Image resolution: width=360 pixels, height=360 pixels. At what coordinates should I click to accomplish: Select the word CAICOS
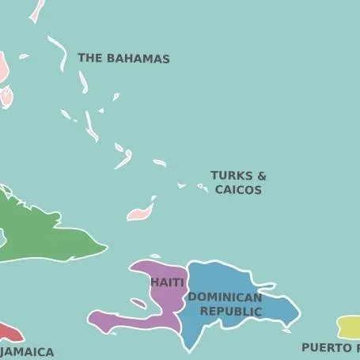(238, 190)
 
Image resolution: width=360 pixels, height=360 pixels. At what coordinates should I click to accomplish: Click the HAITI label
(167, 282)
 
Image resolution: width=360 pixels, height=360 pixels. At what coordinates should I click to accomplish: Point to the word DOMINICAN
(225, 297)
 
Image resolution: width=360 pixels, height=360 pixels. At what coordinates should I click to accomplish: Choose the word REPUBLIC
(230, 312)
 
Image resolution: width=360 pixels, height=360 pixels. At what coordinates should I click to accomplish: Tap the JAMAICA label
(28, 352)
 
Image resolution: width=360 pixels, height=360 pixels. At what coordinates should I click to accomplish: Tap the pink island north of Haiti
(140, 213)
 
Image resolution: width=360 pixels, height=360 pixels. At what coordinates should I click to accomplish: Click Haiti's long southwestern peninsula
(119, 321)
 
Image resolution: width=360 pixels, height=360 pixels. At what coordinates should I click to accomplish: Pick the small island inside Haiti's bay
(138, 303)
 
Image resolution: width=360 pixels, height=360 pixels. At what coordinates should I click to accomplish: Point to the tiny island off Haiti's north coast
(155, 256)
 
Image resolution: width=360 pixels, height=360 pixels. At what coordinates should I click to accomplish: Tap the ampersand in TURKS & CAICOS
(261, 176)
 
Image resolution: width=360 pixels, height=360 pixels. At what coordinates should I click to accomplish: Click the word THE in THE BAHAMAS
(89, 59)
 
